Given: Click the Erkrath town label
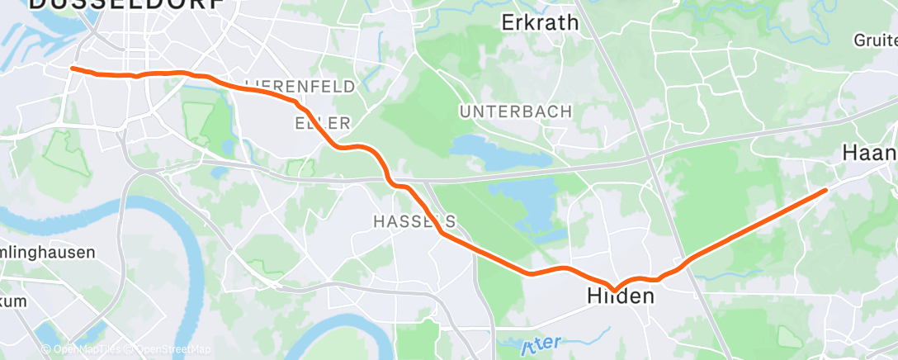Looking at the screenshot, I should coord(541,23).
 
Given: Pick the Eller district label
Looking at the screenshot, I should coord(323,122).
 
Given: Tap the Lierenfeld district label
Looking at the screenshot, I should coord(300,86).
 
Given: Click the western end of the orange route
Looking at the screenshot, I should coord(73,69).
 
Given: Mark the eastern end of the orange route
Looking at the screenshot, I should coord(825,191).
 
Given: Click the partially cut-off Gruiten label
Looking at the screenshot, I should coord(876,39).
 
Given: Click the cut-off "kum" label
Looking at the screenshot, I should coord(13,301).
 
